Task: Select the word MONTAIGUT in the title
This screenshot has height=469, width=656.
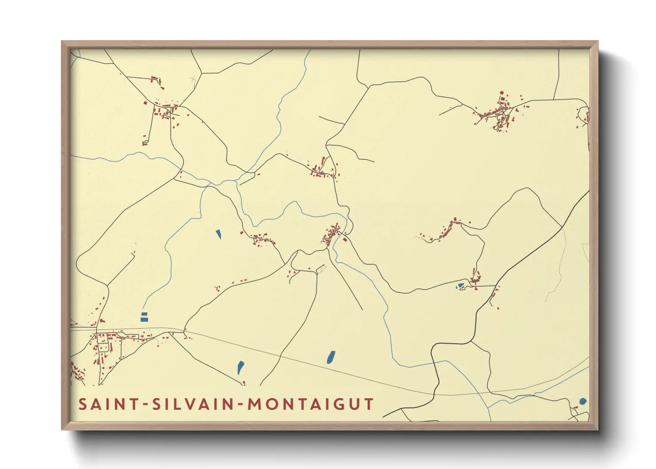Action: pos(311,404)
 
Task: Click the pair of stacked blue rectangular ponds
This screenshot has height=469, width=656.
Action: pos(144,317)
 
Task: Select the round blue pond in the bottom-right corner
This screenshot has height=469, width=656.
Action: pos(583,402)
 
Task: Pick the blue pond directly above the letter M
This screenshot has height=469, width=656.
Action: pos(241,367)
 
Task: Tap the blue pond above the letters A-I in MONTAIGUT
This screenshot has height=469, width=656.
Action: pos(331,357)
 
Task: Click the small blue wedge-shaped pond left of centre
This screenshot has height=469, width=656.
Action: pos(219,234)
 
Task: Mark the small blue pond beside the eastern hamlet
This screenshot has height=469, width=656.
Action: pos(461,285)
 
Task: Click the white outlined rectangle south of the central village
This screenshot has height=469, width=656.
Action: pos(320,269)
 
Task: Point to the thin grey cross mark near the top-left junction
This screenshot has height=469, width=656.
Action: pos(193,79)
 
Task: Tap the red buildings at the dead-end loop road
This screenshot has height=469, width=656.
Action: pos(144,143)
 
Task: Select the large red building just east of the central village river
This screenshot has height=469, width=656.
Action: pos(345,240)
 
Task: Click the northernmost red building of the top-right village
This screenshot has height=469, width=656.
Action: pos(502,93)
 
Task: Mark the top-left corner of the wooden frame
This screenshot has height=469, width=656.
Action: pos(62,42)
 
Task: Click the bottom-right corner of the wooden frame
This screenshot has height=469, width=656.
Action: pos(597,429)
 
